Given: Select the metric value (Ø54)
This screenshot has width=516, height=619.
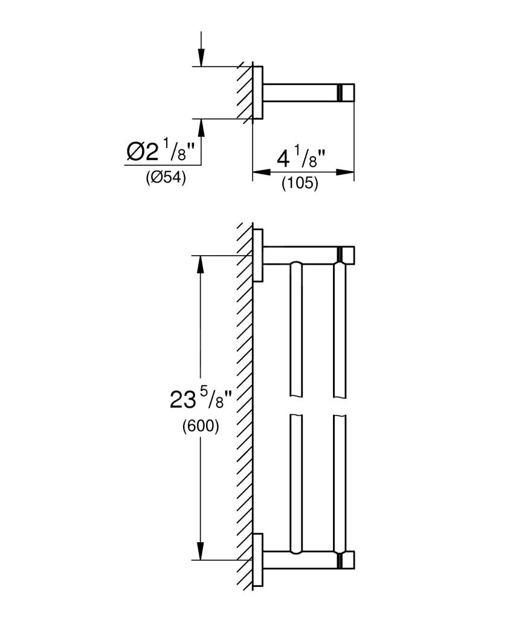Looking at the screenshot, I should [165, 178].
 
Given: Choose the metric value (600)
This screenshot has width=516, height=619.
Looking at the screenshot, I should [200, 426].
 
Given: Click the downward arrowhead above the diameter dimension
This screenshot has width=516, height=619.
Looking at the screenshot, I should [201, 58].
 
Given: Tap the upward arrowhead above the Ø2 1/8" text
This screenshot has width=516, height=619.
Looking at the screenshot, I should [201, 127].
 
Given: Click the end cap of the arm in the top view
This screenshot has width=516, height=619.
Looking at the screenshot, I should [346, 92].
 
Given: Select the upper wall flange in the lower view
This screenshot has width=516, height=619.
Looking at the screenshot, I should [258, 255].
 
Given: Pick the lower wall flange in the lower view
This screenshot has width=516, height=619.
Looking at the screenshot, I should [258, 560].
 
